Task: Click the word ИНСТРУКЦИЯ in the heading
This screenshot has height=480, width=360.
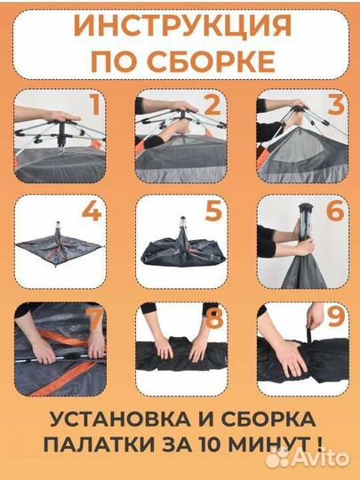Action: (x=180, y=26)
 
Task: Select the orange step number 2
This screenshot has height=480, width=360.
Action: (x=211, y=108)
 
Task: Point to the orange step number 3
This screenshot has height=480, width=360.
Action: (x=335, y=108)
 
